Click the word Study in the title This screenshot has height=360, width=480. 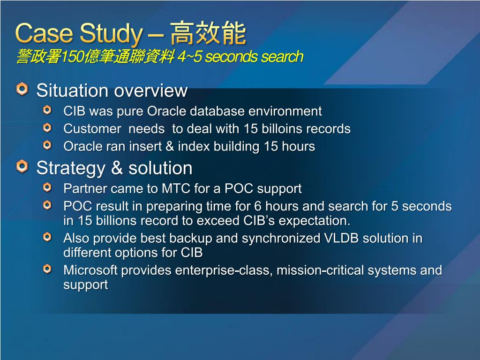pyautogui.click(x=112, y=34)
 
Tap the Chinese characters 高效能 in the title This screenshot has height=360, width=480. pyautogui.click(x=208, y=33)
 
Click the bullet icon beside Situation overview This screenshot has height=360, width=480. pyautogui.click(x=22, y=89)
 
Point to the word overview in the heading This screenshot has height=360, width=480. pyautogui.click(x=150, y=90)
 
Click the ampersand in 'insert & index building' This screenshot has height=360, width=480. pyautogui.click(x=170, y=146)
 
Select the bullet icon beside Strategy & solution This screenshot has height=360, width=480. pyautogui.click(x=22, y=166)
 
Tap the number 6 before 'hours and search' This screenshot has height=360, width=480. pyautogui.click(x=258, y=206)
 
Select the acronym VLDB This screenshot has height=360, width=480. pyautogui.click(x=341, y=238)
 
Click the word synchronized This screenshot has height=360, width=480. pyautogui.click(x=281, y=239)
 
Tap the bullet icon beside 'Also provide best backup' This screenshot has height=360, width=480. pyautogui.click(x=47, y=237)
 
